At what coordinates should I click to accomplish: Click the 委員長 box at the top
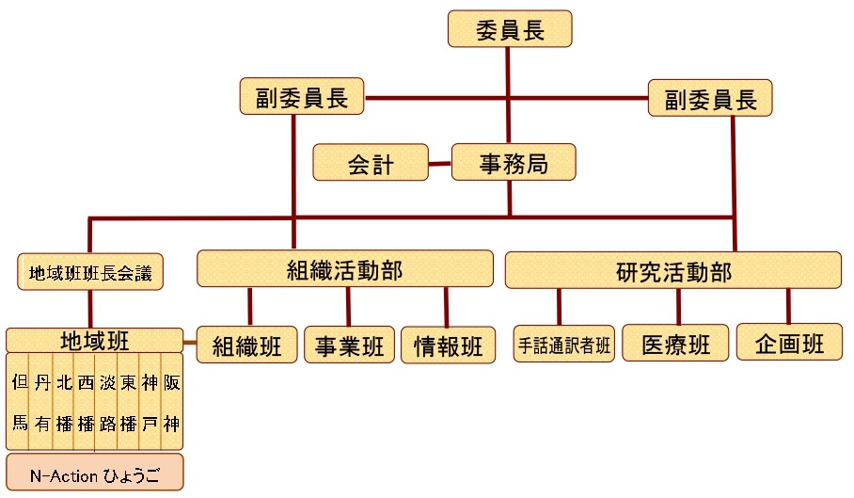click(x=510, y=29)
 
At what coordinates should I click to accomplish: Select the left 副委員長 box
click(x=302, y=98)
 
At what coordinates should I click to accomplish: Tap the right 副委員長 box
click(x=710, y=98)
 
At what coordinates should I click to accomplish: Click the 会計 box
click(x=371, y=164)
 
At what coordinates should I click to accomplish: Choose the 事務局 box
click(x=513, y=163)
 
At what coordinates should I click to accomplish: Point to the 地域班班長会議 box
click(x=90, y=273)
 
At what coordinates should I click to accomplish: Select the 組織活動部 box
click(x=344, y=270)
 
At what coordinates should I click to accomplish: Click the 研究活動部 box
click(x=673, y=270)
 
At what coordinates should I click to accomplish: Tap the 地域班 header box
click(x=94, y=341)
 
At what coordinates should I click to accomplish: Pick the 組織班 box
click(x=248, y=345)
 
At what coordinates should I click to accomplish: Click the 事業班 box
click(x=349, y=345)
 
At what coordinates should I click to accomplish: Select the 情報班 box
click(x=448, y=345)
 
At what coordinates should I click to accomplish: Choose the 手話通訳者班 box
click(x=564, y=345)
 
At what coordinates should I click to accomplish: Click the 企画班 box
click(x=789, y=343)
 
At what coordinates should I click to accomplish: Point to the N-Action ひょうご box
click(x=94, y=474)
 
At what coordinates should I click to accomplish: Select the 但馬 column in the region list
click(x=19, y=402)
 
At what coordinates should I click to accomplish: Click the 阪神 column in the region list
click(x=171, y=402)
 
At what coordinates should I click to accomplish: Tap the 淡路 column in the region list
click(x=106, y=402)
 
